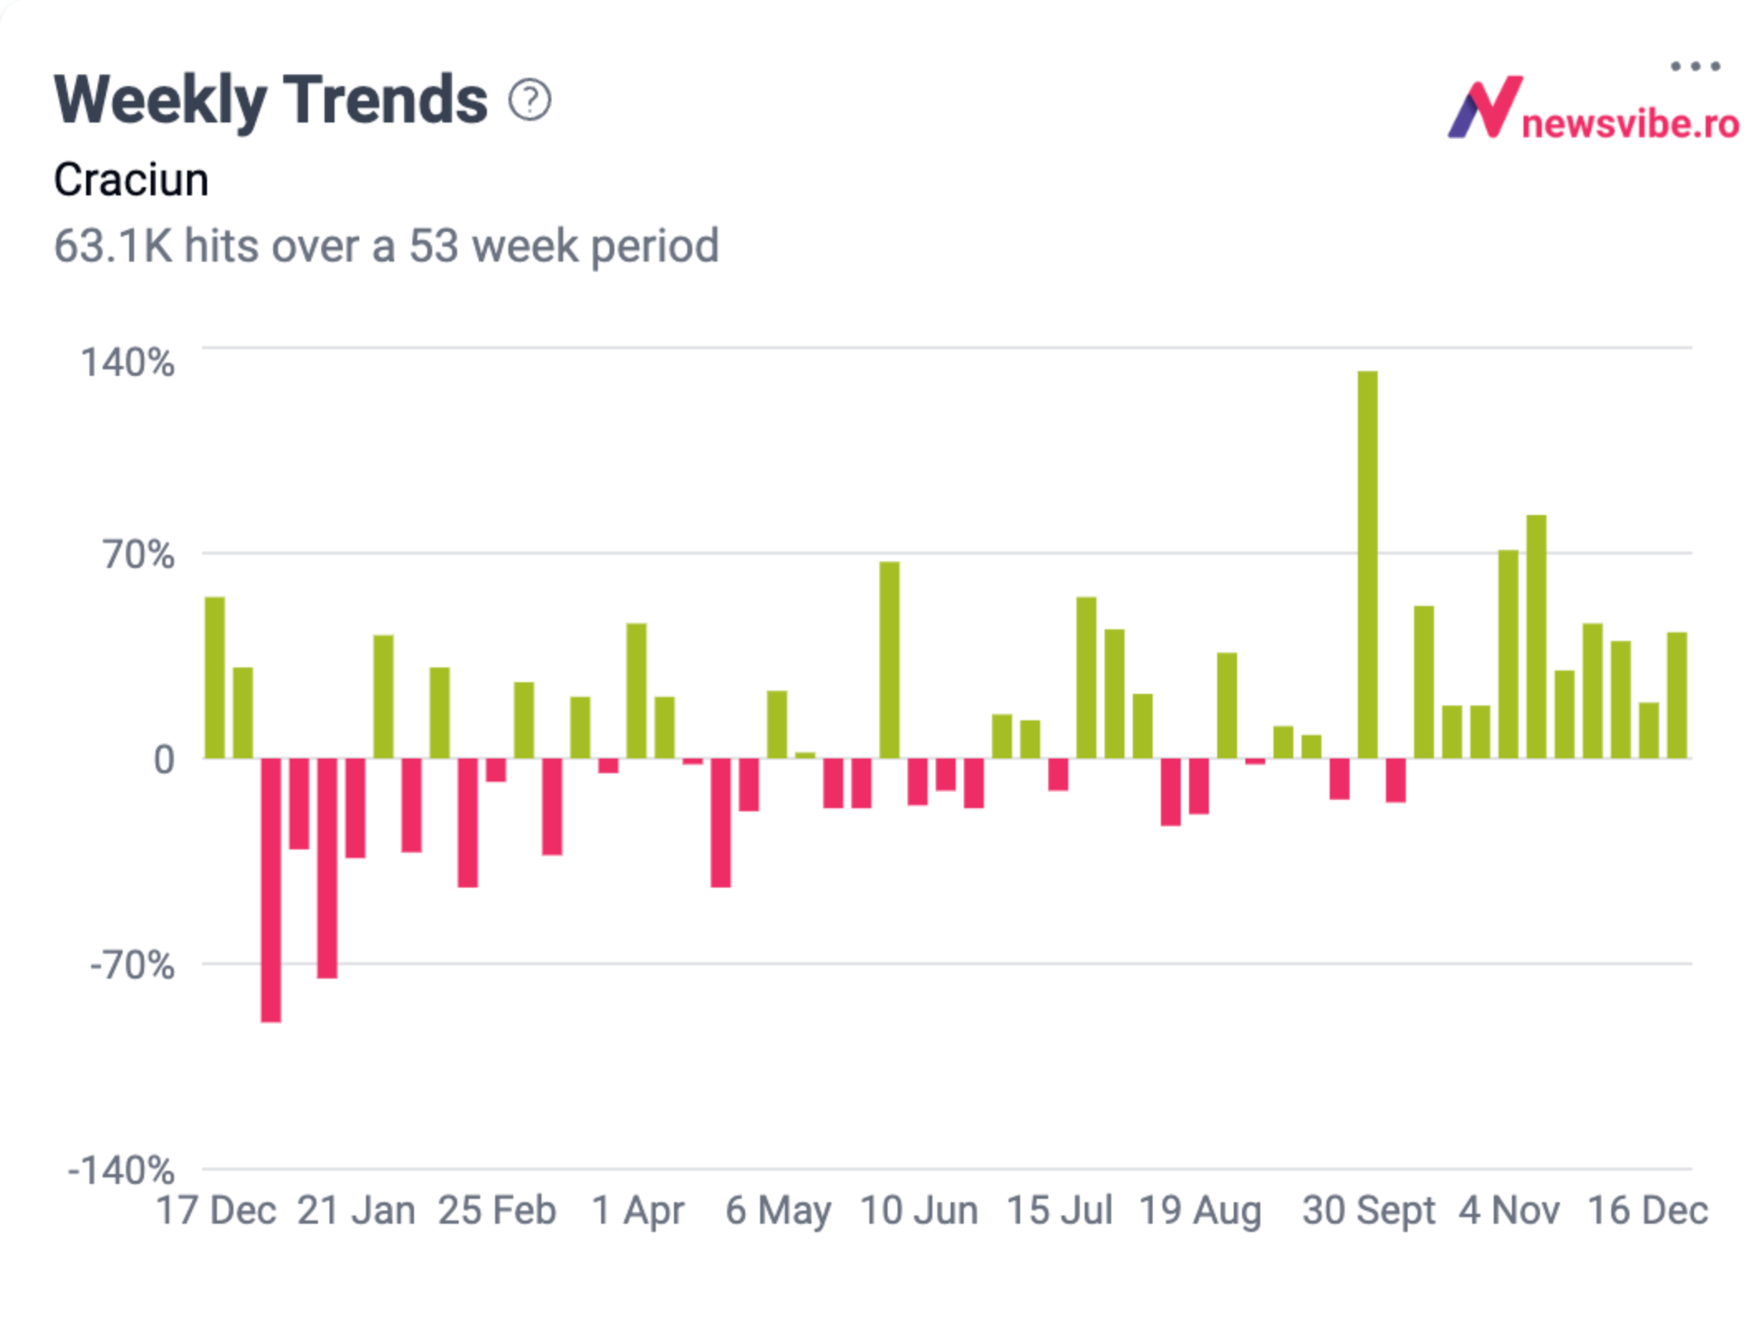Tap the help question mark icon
tap(530, 100)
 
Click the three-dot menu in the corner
tap(1695, 66)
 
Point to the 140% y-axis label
tap(128, 363)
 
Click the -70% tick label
tap(132, 965)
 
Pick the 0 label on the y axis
tap(164, 759)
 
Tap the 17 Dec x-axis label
tap(216, 1210)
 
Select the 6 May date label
tap(778, 1210)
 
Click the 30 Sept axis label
tap(1368, 1210)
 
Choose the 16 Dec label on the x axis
tap(1648, 1210)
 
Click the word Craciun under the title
tap(131, 180)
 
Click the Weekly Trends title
tap(271, 100)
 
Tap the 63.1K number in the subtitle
tap(113, 246)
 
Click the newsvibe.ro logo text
tap(1630, 124)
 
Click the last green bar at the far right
tap(1677, 695)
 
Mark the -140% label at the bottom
tap(122, 1171)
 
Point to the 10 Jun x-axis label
tap(919, 1210)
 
